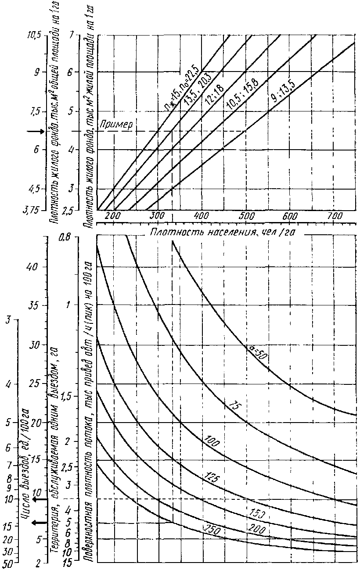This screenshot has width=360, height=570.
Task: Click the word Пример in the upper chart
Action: (x=115, y=124)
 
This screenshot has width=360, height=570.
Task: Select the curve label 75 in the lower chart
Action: (x=234, y=405)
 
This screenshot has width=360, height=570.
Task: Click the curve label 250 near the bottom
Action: (x=211, y=530)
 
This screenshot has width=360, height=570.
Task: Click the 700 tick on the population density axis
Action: (x=335, y=217)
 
